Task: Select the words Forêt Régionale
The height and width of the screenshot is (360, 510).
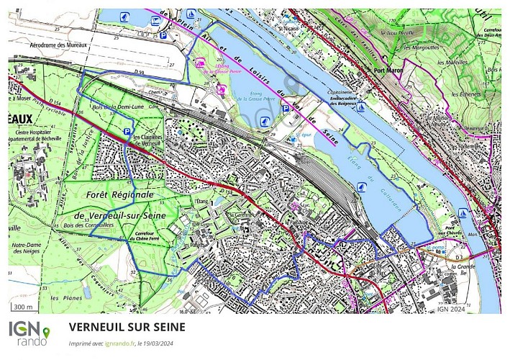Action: coord(120,195)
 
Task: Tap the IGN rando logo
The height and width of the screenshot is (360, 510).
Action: coord(29,333)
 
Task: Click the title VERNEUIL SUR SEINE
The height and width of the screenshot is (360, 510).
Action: coord(127,327)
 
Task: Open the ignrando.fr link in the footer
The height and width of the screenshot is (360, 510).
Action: coord(119,343)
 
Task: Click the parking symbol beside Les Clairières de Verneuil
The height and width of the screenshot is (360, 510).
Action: coord(127,132)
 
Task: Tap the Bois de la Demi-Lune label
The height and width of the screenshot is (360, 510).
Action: coord(106,108)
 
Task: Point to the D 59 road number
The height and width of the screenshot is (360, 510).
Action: coord(139,73)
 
